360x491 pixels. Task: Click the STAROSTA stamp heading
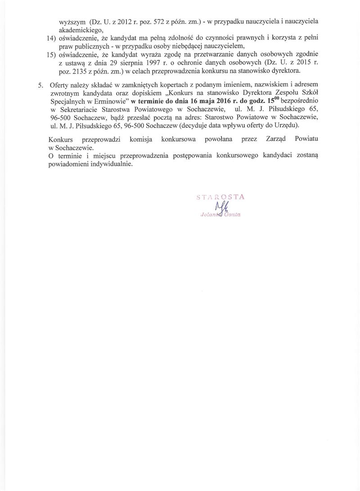click(x=220, y=196)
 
